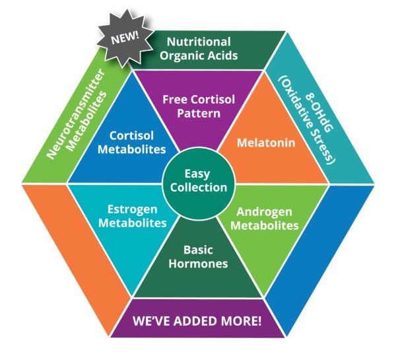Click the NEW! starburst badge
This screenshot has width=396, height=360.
click(123, 37)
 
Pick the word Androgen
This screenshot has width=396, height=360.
click(267, 212)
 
